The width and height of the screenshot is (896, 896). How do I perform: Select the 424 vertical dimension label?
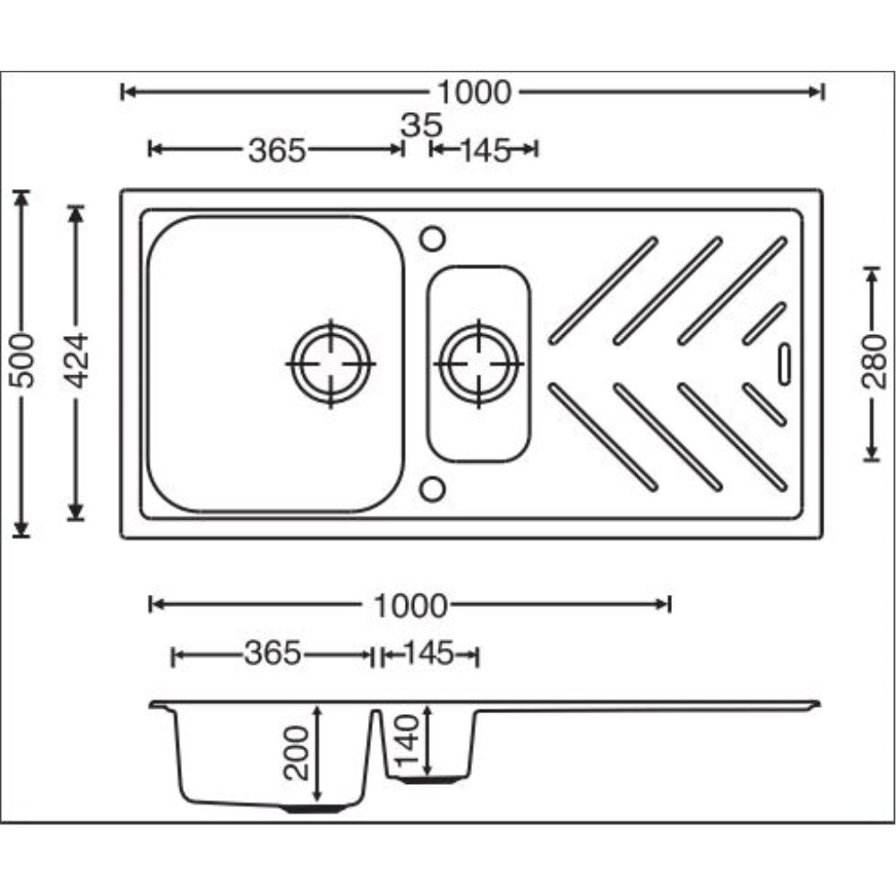point(79,360)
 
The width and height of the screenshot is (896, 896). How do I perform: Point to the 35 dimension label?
point(416,125)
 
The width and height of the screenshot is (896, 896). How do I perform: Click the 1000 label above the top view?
point(473,91)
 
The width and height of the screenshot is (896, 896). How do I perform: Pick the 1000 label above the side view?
point(409,606)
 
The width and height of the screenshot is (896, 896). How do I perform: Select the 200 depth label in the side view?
point(300,753)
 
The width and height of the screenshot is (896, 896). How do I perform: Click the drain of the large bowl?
point(331,364)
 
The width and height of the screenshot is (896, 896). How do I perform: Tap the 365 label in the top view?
point(277,150)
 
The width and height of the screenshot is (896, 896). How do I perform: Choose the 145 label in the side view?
point(428,655)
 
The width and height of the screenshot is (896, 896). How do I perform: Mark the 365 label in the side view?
point(272,655)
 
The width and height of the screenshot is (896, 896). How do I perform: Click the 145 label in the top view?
point(485,150)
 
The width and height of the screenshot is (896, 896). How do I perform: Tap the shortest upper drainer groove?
point(764,323)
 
